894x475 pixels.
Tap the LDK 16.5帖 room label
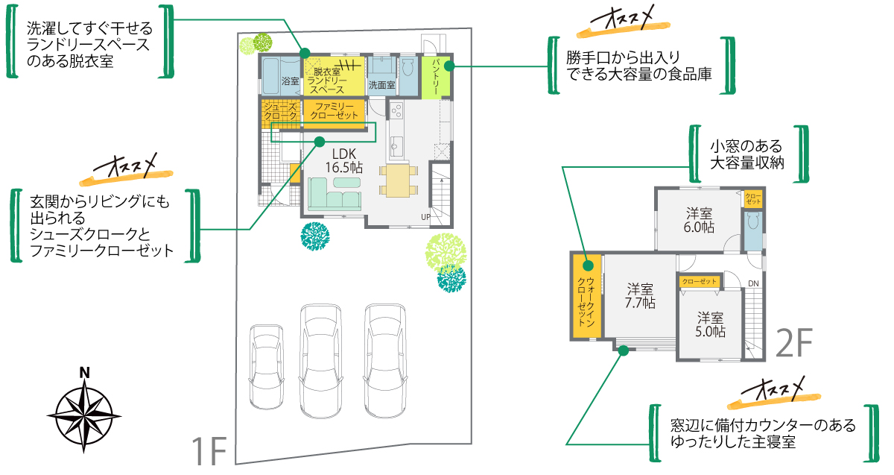[343, 161]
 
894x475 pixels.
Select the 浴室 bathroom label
[291, 80]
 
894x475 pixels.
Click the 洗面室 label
[382, 85]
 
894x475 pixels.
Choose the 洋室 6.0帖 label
[700, 219]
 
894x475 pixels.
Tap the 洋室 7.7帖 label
[640, 295]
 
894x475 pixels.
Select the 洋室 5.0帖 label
[710, 324]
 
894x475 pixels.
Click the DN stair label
[754, 283]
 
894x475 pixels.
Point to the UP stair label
[425, 217]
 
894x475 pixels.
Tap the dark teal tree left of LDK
[315, 236]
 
